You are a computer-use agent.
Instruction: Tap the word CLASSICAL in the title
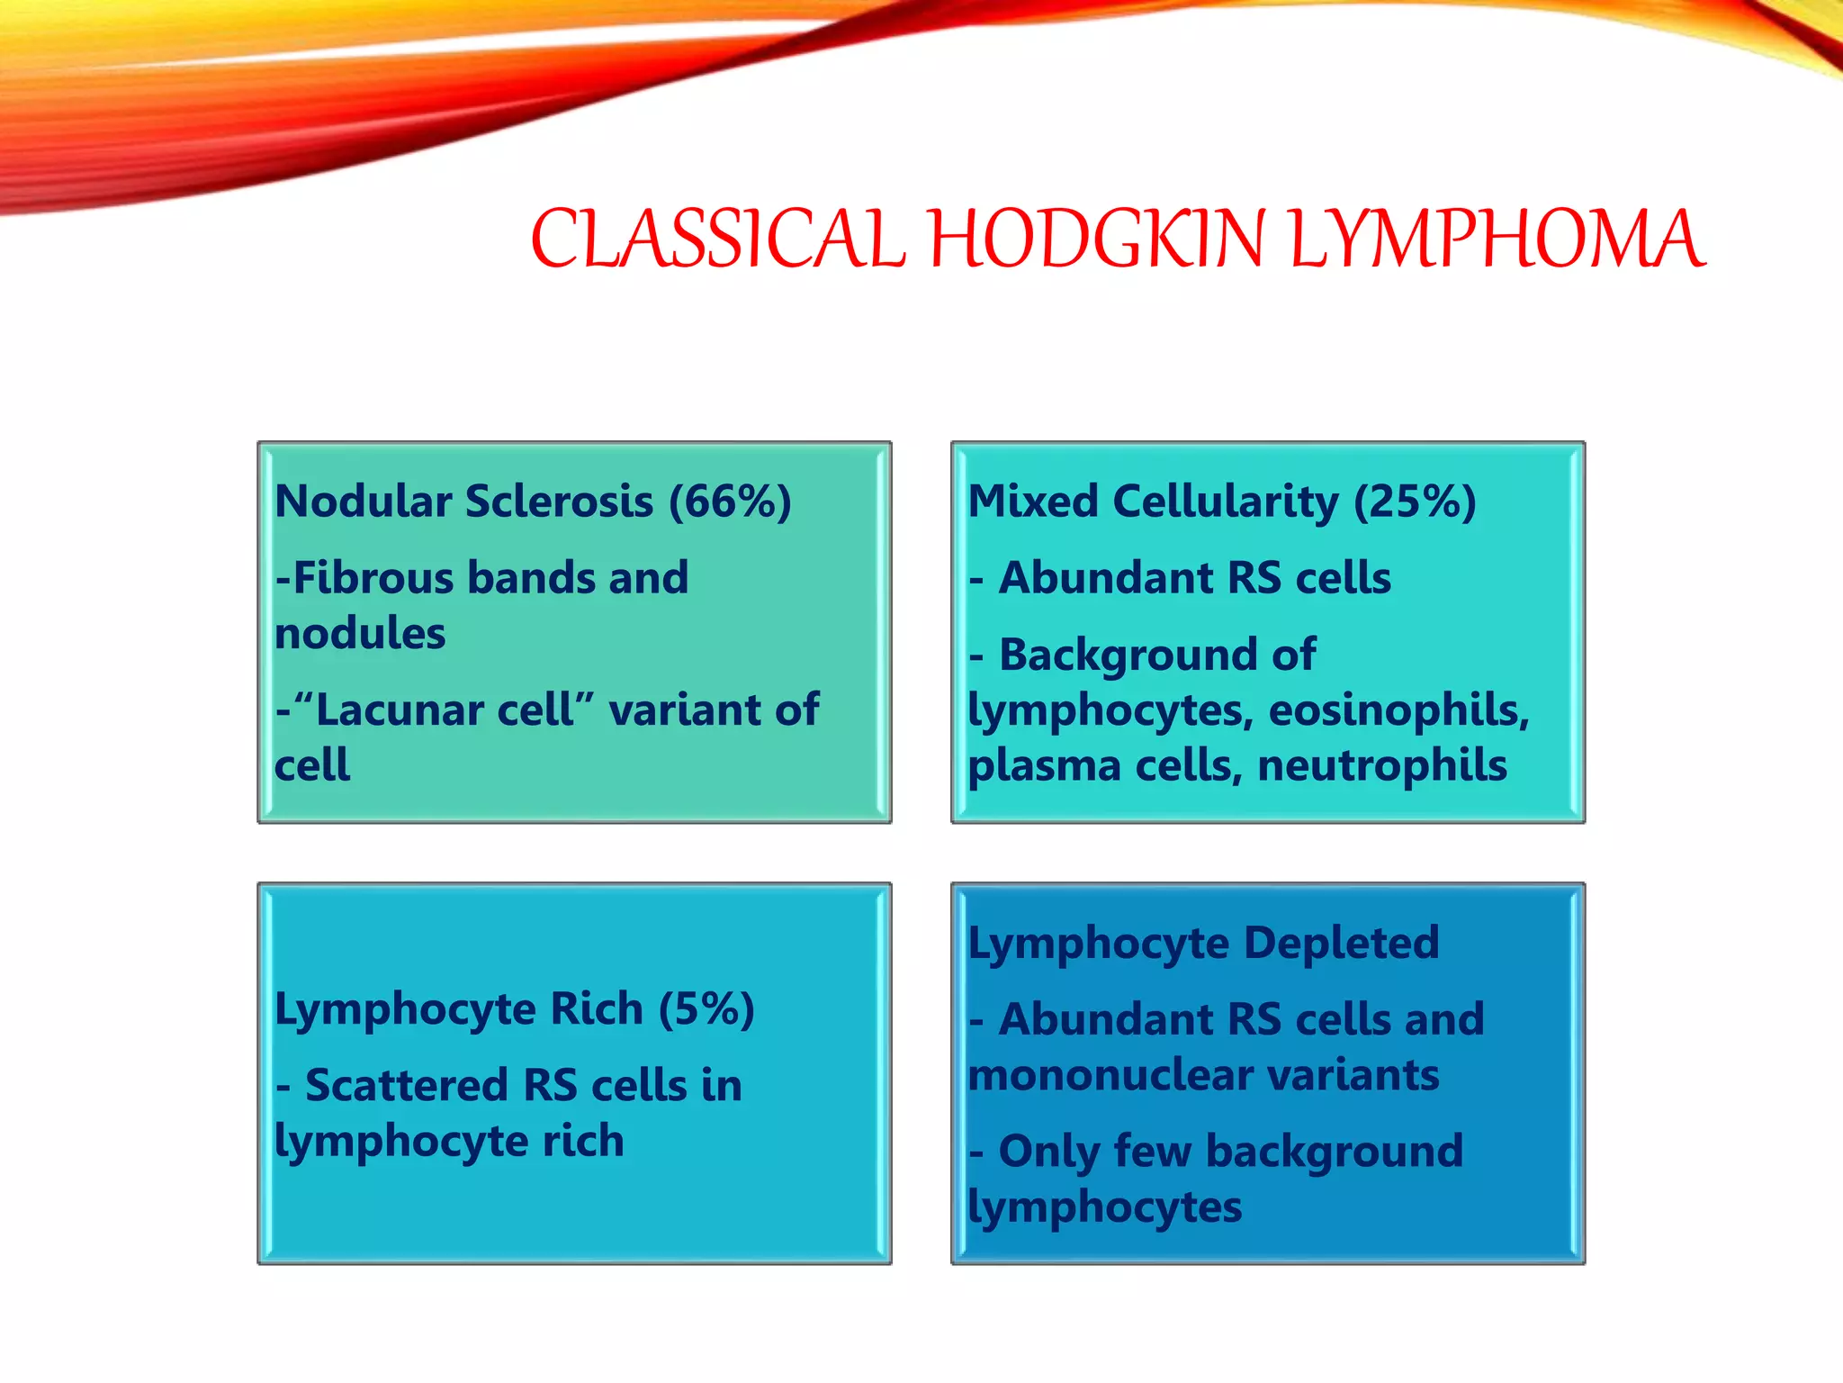pos(717,240)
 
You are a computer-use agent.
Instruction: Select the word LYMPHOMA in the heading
pos(1497,240)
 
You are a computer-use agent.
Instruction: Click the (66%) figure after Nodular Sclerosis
pos(729,502)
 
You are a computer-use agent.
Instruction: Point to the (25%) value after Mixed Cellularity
pos(1415,502)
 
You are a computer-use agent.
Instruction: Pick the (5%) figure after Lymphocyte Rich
pos(706,1008)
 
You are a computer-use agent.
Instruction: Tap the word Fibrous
pos(373,578)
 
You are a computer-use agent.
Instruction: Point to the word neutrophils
pos(1381,766)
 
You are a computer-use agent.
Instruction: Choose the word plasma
pos(1044,766)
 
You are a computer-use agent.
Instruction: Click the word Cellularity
pos(1225,502)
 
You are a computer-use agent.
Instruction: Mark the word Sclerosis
pos(559,502)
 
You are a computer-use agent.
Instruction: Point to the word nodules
pos(360,634)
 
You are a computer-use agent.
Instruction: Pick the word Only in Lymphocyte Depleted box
pos(1049,1152)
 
